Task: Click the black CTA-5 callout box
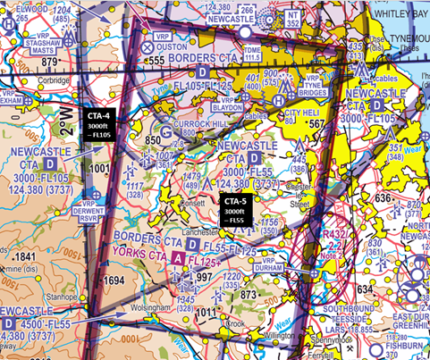(236, 210)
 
